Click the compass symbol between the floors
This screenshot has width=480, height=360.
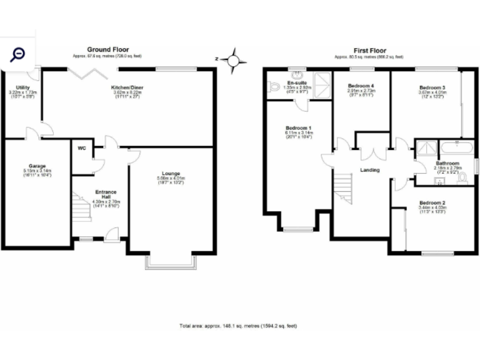233,60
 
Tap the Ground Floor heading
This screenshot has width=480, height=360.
107,50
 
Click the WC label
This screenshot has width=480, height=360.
82,148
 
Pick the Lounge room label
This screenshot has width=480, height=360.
171,173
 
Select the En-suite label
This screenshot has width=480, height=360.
296,82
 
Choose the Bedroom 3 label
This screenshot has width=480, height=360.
432,87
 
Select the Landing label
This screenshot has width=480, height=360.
370,169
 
